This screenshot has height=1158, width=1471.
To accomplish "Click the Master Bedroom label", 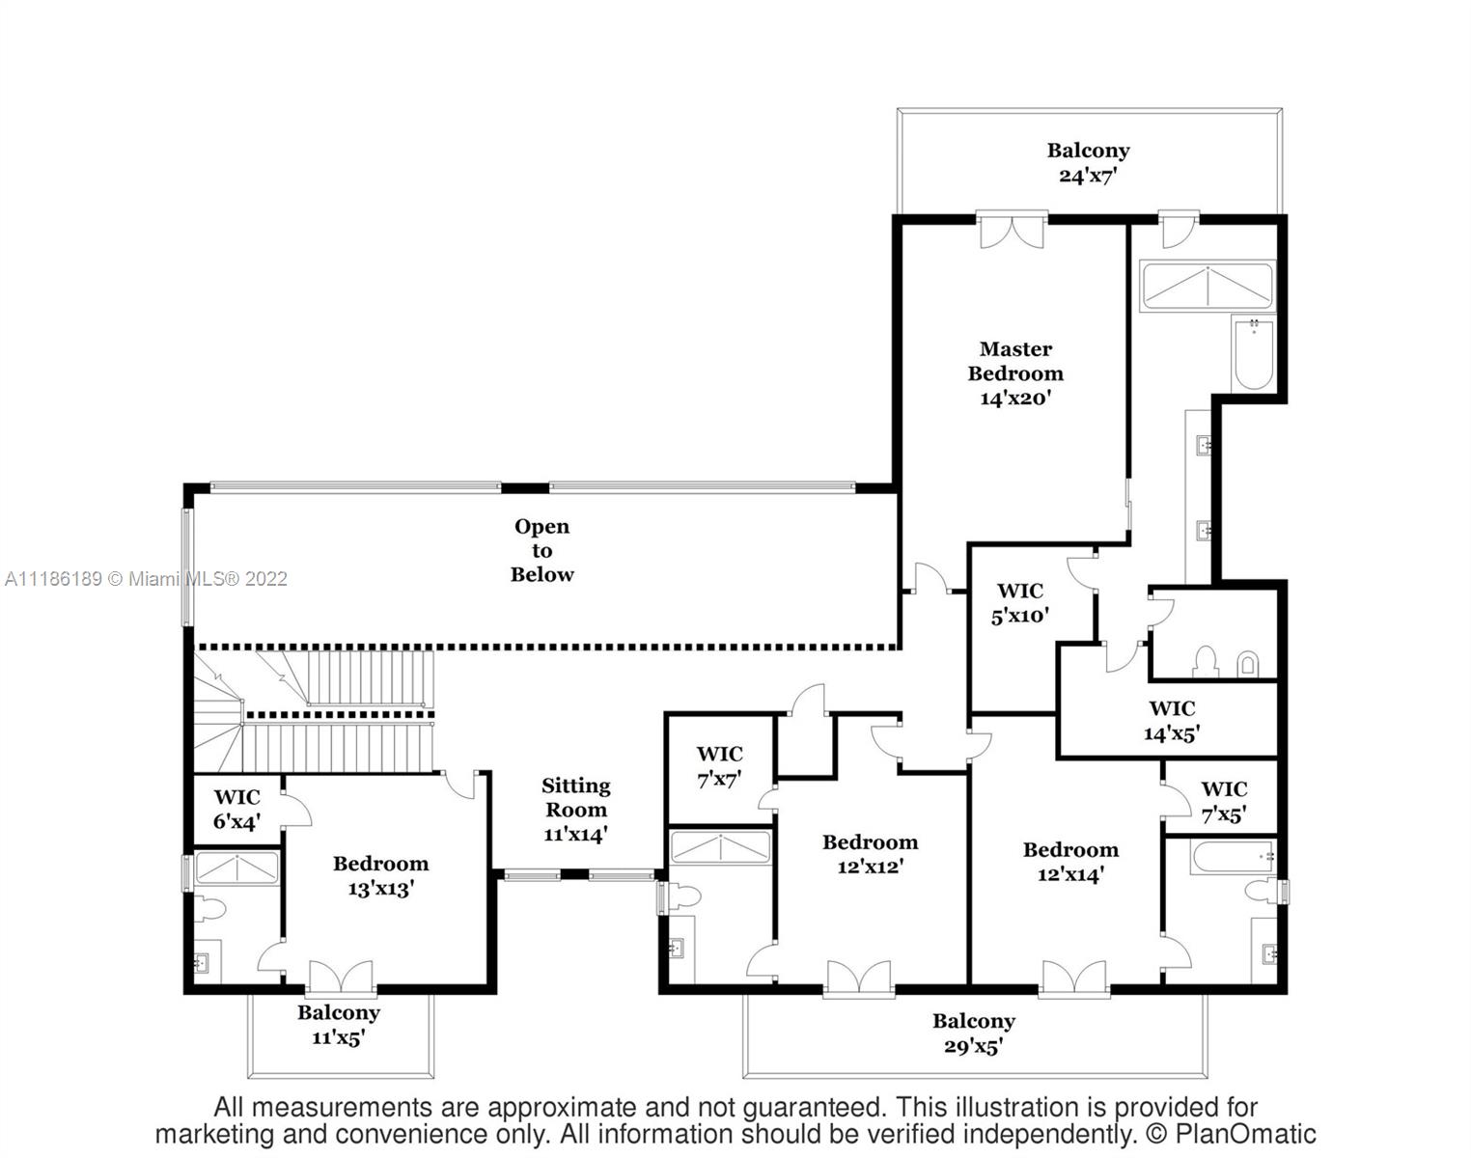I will click(1014, 372).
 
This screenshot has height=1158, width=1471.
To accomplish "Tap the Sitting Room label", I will click(575, 810).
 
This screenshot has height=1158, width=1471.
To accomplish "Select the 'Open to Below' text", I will click(541, 550).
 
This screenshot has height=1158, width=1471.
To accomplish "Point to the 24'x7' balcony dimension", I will click(1088, 177).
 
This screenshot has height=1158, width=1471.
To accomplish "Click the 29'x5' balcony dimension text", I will click(973, 1046).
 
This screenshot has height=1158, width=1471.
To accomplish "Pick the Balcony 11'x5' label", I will click(338, 1025).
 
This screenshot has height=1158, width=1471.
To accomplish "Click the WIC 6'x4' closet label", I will click(236, 810).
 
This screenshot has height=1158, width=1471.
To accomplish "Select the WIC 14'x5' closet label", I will click(1171, 721).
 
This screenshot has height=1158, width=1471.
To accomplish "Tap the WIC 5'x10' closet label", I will click(1019, 603).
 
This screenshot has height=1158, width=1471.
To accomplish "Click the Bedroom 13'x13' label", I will click(380, 875).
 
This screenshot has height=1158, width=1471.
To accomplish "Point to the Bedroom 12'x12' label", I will click(870, 854).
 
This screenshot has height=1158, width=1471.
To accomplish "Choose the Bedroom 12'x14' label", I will click(1070, 862).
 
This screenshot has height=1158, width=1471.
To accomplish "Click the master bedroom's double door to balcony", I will click(1012, 231).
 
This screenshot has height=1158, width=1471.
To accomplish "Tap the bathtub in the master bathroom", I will click(1253, 355).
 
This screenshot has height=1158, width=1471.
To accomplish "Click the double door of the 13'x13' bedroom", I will click(340, 977).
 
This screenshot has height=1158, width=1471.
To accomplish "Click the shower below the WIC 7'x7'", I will click(720, 847).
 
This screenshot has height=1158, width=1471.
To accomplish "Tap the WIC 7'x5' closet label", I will click(1223, 801).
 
